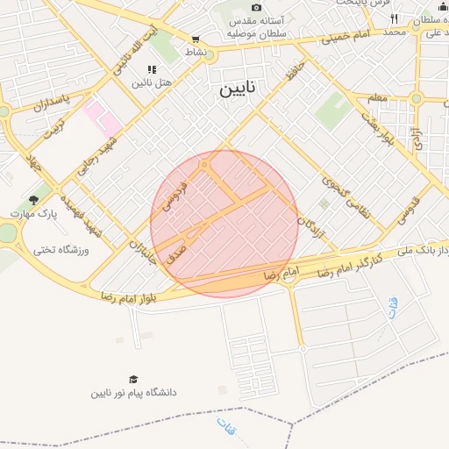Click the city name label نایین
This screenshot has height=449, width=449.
click(x=240, y=89)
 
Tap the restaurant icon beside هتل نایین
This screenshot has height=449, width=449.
click(x=153, y=69)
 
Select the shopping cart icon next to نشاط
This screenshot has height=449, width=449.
click(x=196, y=39)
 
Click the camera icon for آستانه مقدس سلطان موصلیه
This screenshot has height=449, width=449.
click(x=256, y=7)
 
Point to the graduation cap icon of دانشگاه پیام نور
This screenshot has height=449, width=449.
click(x=133, y=379)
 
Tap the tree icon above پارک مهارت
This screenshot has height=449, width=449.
click(x=34, y=200)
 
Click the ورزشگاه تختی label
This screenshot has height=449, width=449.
click(x=61, y=250)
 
